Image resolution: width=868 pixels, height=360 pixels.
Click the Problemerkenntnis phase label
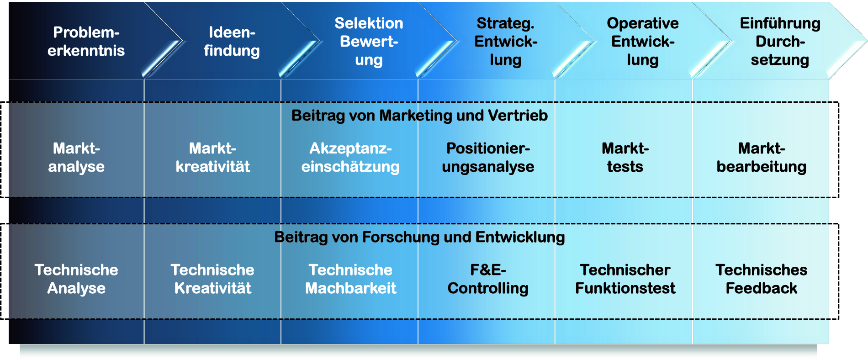[x=86, y=42]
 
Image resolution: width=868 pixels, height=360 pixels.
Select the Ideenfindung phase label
[x=232, y=42]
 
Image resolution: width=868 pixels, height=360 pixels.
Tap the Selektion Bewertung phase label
[x=369, y=42]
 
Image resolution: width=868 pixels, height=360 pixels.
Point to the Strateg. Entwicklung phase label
[x=506, y=42]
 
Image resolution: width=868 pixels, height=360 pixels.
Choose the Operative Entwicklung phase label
[x=643, y=42]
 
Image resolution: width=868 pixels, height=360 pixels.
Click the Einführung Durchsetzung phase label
[x=780, y=42]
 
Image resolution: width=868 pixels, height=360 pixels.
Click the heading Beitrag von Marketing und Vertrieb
[x=419, y=116]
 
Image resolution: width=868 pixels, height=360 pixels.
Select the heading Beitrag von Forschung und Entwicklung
[x=419, y=237]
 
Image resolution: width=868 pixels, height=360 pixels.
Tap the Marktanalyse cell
[x=76, y=158]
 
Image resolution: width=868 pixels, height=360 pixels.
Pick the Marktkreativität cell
[x=213, y=158]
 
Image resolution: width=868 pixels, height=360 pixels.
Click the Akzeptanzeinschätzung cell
[x=350, y=158]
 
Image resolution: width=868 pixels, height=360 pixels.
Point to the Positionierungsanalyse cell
[x=488, y=158]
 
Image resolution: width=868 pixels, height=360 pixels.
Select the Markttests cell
[x=625, y=158]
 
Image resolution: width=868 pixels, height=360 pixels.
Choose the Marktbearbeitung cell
[x=762, y=158]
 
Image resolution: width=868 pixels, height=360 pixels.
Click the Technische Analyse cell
[x=76, y=279]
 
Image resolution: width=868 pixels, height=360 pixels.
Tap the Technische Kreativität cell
[x=213, y=279]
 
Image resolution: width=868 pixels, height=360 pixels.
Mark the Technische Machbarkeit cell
[x=350, y=279]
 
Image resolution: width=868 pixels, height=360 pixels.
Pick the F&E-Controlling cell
[x=488, y=279]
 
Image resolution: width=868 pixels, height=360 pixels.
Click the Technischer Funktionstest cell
[x=625, y=279]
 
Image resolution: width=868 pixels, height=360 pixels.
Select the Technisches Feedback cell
[x=762, y=279]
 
